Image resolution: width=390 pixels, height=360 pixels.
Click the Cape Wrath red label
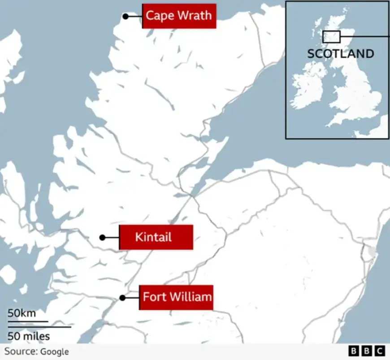pyautogui.click(x=179, y=16)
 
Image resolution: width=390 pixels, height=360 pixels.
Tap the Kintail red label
pyautogui.click(x=156, y=237)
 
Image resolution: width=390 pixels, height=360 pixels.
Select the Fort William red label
pyautogui.click(x=176, y=297)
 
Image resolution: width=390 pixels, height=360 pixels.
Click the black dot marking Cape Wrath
pyautogui.click(x=126, y=16)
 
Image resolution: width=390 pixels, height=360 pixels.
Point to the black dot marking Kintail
pyautogui.click(x=102, y=237)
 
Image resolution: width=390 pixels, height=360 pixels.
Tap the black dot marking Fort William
pyautogui.click(x=122, y=298)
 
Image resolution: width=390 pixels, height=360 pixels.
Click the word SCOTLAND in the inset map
pyautogui.click(x=340, y=54)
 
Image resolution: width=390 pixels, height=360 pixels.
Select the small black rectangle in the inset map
pyautogui.click(x=331, y=37)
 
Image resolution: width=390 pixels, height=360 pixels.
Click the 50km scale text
pyautogui.click(x=22, y=313)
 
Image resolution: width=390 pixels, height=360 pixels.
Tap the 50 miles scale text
pyautogui.click(x=29, y=336)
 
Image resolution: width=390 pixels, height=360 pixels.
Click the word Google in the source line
pyautogui.click(x=54, y=351)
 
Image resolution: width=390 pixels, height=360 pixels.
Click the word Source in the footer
pyautogui.click(x=20, y=351)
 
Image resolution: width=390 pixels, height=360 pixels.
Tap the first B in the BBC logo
pyautogui.click(x=353, y=351)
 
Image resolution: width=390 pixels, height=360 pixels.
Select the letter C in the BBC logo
pyautogui.click(x=379, y=351)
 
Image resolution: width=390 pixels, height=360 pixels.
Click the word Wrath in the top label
pyautogui.click(x=196, y=16)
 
